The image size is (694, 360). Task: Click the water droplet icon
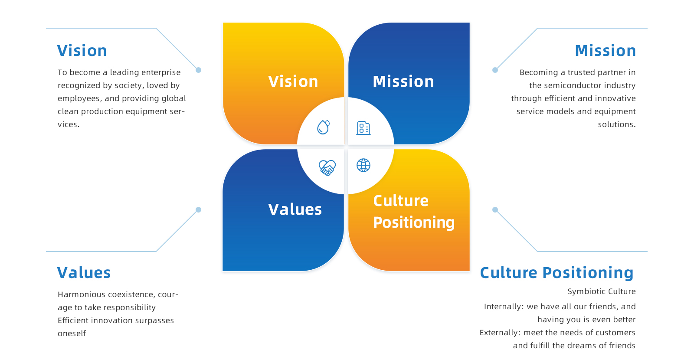[323, 127]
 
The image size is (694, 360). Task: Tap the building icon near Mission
[363, 128]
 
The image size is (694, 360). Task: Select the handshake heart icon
[327, 167]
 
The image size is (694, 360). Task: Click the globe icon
[363, 165]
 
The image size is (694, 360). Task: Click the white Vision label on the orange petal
[293, 81]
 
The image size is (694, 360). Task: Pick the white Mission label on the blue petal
[403, 81]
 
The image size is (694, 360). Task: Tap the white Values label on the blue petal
[295, 209]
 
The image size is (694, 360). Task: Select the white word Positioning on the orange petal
[414, 223]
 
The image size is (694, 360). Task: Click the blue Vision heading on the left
[82, 50]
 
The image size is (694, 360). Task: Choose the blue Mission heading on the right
[606, 50]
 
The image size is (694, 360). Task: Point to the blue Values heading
[84, 273]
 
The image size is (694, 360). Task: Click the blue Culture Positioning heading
[557, 273]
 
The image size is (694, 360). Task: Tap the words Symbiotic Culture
[602, 291]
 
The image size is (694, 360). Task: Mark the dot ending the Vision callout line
[199, 70]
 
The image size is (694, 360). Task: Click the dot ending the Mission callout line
[495, 70]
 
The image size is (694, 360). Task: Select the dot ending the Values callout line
[199, 210]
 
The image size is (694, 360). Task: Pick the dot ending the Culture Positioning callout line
[495, 210]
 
